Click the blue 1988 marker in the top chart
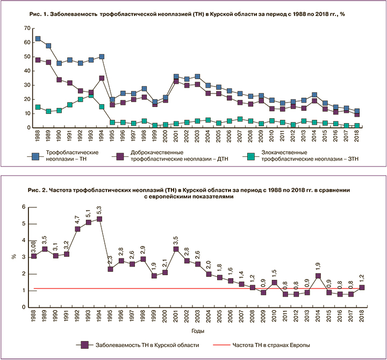tap(38, 39)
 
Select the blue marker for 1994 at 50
tap(102, 56)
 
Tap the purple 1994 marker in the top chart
tap(102, 78)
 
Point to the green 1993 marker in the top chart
tap(91, 96)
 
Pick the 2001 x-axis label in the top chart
tap(176, 138)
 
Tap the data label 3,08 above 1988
tap(33, 246)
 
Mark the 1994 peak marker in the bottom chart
tap(99, 219)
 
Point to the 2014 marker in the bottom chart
tap(318, 276)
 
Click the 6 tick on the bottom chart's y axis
tap(23, 207)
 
